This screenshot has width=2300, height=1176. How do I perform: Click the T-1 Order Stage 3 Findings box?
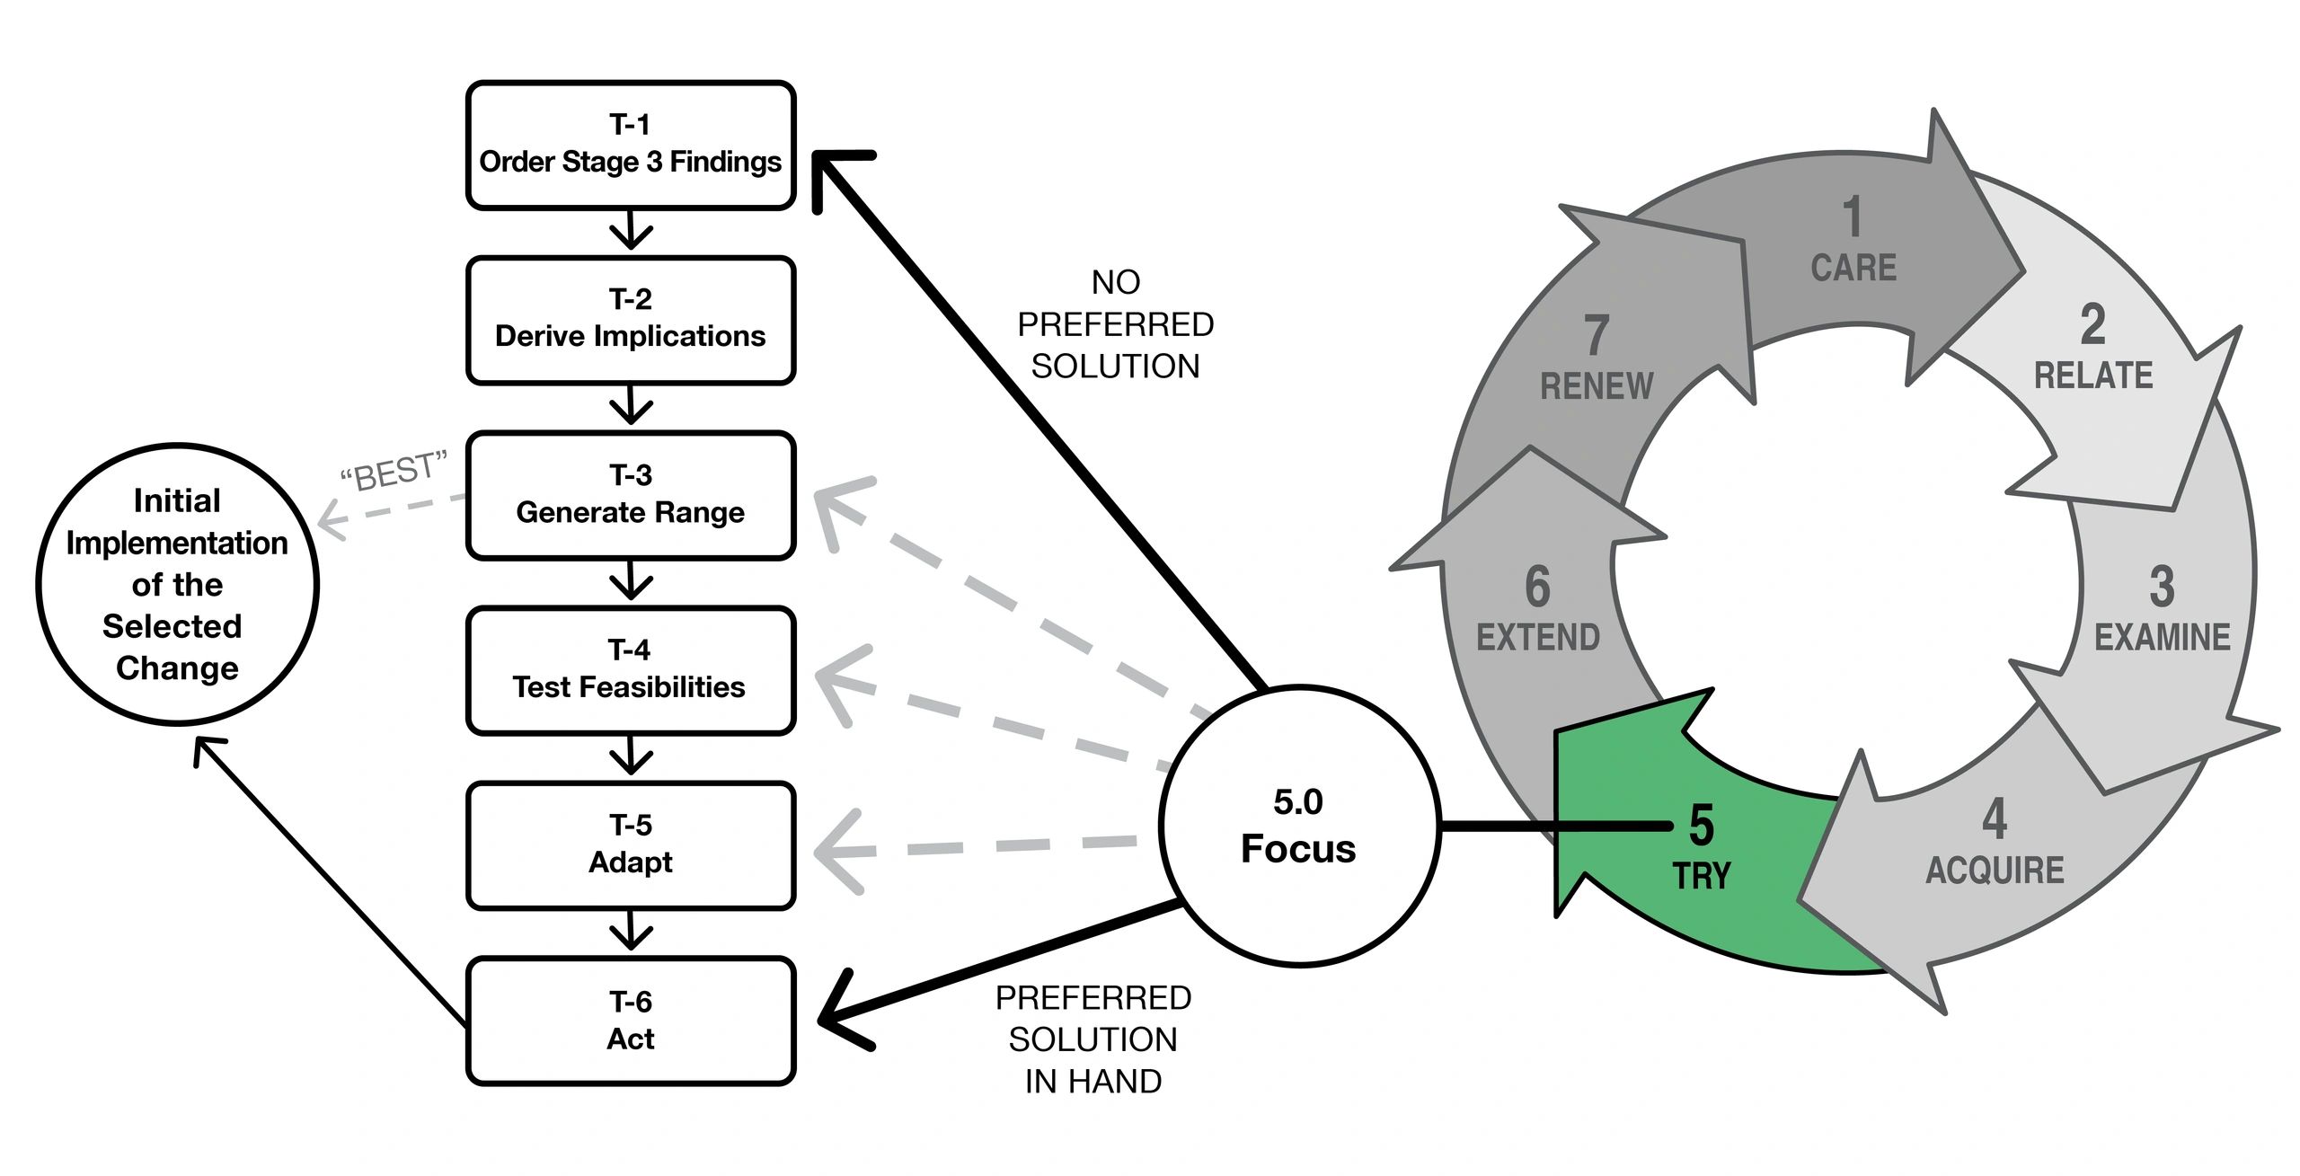tap(631, 145)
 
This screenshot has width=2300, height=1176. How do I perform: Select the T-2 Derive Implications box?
tap(631, 320)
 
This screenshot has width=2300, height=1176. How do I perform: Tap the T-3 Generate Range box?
tap(631, 495)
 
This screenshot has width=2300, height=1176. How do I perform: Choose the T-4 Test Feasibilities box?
tap(631, 670)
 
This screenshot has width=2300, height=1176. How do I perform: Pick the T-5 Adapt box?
tap(631, 845)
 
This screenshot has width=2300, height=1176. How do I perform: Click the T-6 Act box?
tap(631, 1021)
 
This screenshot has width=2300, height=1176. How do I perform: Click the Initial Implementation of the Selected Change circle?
tap(177, 584)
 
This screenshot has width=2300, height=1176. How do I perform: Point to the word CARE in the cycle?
tap(1853, 268)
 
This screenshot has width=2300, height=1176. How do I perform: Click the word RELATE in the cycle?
tap(2093, 376)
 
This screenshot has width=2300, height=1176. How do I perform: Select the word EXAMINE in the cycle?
tap(2162, 637)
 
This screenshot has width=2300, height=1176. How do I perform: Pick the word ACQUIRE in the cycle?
tap(1995, 870)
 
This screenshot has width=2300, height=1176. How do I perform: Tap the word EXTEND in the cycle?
tap(1538, 637)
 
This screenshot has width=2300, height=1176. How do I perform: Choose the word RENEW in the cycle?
tap(1597, 386)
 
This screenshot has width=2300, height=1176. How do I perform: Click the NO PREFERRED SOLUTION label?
tap(1115, 324)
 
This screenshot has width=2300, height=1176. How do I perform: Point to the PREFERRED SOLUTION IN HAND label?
tap(1092, 1039)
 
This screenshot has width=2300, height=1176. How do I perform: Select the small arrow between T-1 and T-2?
tap(631, 231)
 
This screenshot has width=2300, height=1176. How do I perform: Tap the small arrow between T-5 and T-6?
tap(631, 932)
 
